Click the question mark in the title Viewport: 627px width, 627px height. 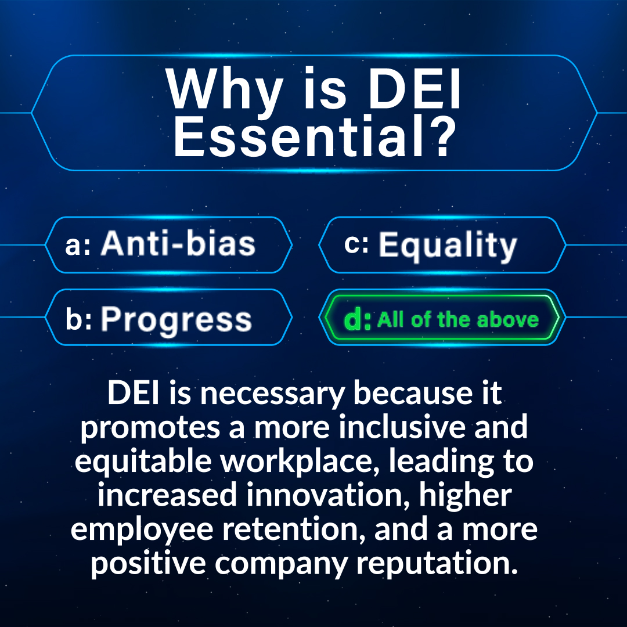click(x=441, y=136)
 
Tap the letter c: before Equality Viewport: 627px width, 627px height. click(x=356, y=243)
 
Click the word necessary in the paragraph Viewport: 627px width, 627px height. click(x=272, y=394)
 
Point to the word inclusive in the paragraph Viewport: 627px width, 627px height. click(x=402, y=427)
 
